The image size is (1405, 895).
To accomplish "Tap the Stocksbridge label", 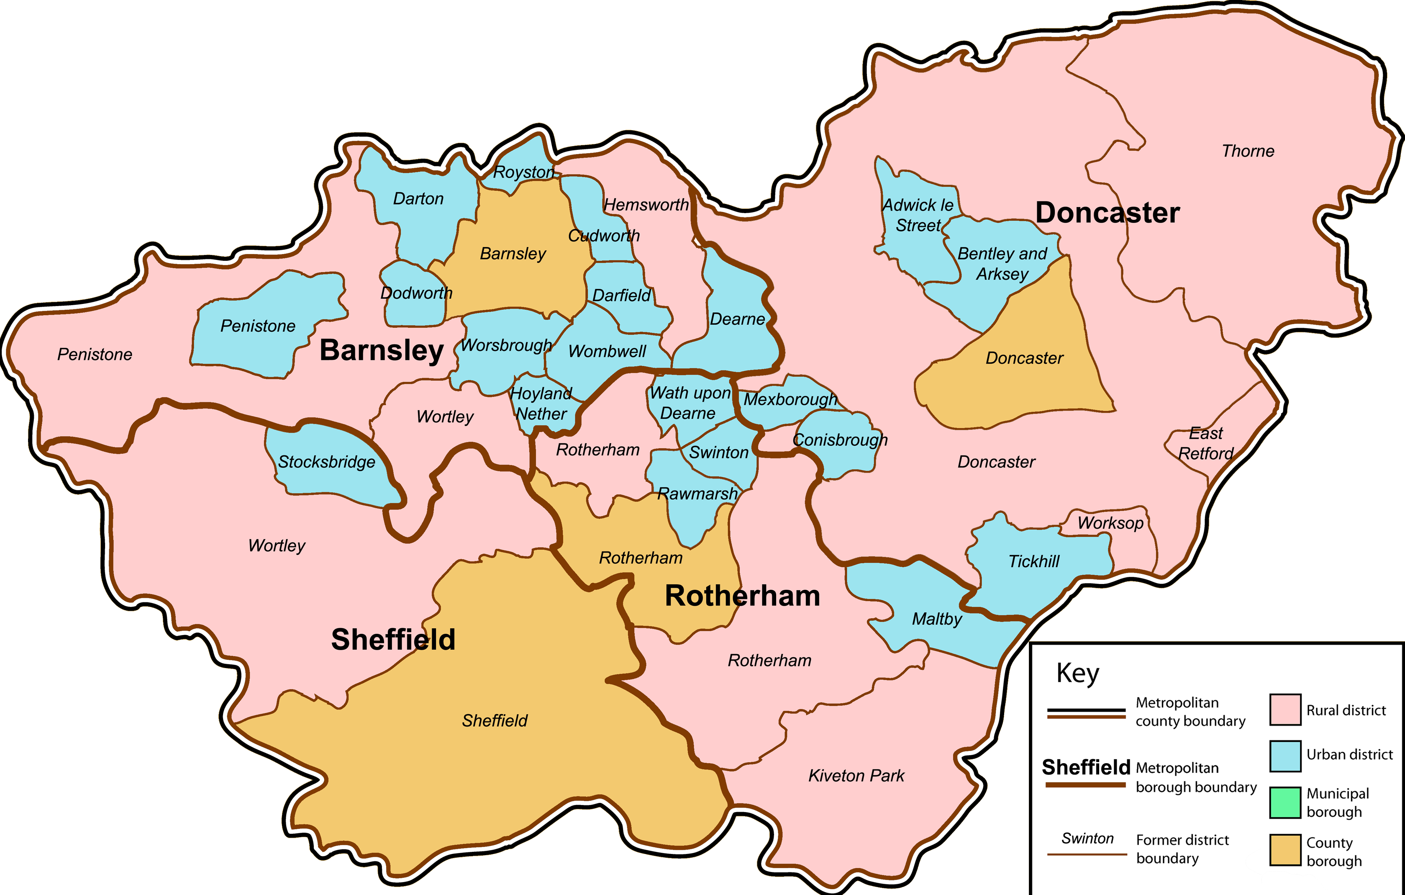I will (x=326, y=462).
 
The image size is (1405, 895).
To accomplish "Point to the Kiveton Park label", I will (x=856, y=776).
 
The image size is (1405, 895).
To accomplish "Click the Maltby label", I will (x=936, y=619).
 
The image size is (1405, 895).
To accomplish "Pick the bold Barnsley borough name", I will (x=382, y=350).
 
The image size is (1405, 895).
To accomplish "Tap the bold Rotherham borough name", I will (x=742, y=596).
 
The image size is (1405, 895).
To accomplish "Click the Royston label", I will (x=523, y=172).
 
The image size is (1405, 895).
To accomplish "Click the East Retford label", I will (x=1205, y=443).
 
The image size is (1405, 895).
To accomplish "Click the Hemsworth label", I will (x=646, y=205).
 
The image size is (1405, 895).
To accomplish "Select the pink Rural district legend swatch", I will (x=1285, y=710).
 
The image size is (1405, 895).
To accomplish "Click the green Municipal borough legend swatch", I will (x=1285, y=802).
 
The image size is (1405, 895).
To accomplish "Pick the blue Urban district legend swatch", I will (x=1285, y=756).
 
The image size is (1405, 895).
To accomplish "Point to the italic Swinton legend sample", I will (x=1087, y=838).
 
